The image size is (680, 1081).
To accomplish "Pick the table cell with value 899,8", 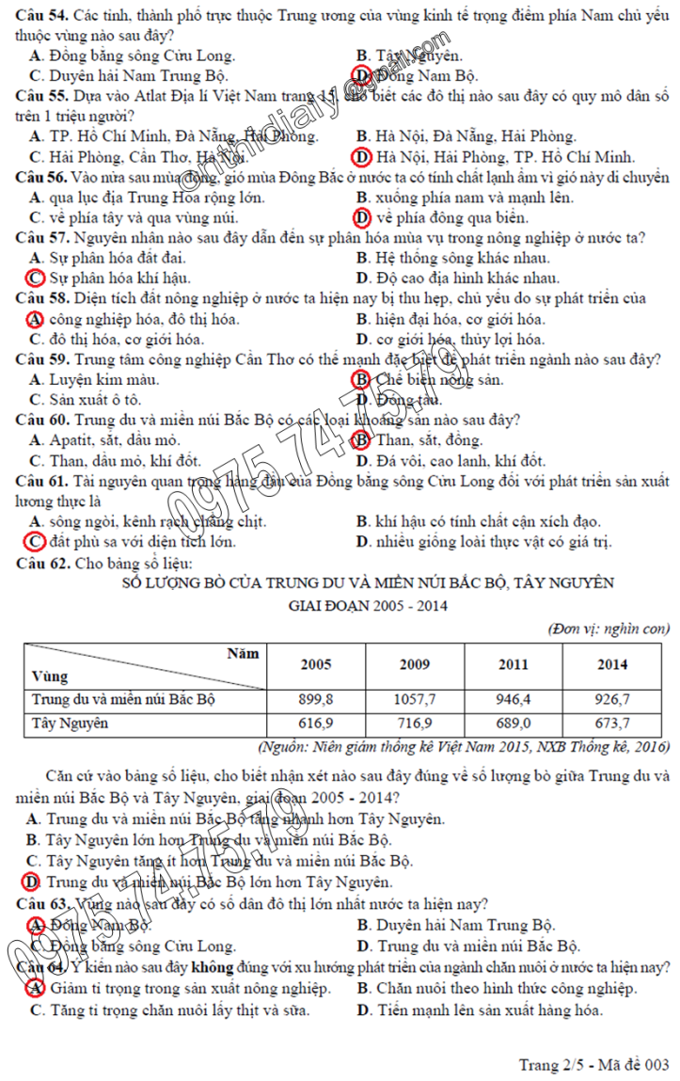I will (x=315, y=700).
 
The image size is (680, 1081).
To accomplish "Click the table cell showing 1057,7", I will (x=415, y=700).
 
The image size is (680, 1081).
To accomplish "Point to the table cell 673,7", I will (x=612, y=723).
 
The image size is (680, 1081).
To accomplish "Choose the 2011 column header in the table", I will (x=514, y=664).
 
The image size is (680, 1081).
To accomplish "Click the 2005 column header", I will (x=315, y=664).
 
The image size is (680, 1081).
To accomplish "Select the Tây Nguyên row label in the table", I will (x=71, y=723).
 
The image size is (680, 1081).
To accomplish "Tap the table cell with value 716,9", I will (x=415, y=723).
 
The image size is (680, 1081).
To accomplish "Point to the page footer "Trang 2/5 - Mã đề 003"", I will (x=593, y=1064).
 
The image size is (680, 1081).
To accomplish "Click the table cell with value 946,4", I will (x=514, y=700).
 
